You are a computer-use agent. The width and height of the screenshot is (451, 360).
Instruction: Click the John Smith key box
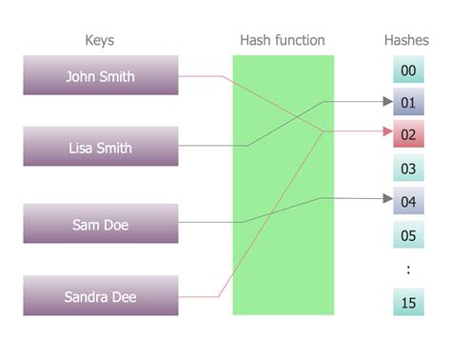pos(100,76)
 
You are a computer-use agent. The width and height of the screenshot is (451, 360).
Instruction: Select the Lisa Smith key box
pos(100,148)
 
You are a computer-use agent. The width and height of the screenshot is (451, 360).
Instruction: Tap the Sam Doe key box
pos(100,225)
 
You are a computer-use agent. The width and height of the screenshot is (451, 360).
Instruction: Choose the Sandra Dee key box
pos(100,296)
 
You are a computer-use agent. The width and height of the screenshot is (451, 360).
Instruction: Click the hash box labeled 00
pos(407,70)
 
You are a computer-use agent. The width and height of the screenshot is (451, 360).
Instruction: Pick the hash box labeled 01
pos(407,102)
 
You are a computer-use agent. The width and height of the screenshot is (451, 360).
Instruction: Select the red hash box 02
pos(407,134)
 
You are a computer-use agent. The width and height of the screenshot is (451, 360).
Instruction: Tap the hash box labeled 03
pos(407,169)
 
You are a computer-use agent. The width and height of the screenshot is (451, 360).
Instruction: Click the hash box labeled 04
pos(407,201)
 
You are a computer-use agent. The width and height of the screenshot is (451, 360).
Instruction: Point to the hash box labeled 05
pos(407,234)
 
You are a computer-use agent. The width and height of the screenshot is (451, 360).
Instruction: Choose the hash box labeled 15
pos(407,302)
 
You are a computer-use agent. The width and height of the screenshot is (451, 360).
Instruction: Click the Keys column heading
pos(100,41)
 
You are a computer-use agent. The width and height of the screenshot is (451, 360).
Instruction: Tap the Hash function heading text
pos(283,41)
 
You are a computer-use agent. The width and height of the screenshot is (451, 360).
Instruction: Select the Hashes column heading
pos(407,41)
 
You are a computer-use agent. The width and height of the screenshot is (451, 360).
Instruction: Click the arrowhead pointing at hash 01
pos(386,101)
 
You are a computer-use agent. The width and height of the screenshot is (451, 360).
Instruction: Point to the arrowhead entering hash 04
pos(386,200)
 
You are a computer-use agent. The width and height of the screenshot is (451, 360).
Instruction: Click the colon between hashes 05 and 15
pos(407,270)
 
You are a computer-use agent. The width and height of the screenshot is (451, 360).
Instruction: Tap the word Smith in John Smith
pos(118,76)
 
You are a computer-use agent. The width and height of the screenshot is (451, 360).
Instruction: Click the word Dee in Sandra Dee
pos(124,297)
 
